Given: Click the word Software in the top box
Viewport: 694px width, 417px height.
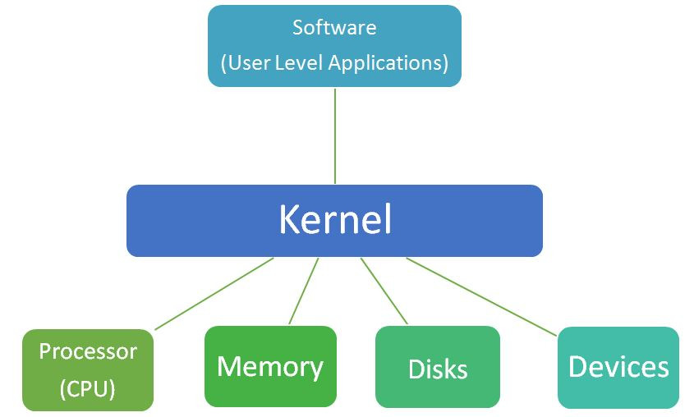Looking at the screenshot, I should point(334,27).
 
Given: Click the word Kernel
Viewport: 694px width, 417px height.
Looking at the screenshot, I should point(334,220).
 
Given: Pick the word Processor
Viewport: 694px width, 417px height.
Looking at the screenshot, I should point(88,351).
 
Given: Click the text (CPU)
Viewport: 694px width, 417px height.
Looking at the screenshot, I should point(88,388).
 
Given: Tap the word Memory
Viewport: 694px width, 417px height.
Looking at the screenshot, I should point(270,366).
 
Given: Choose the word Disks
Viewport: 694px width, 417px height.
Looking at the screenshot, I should point(438,369).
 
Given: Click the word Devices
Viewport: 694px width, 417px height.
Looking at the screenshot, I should point(618,366).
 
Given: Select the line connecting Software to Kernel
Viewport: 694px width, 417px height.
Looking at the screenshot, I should point(335,135).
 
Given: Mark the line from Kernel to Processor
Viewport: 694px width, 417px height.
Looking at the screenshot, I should point(214,293).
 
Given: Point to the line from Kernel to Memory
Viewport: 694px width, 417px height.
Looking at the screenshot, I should point(303,291).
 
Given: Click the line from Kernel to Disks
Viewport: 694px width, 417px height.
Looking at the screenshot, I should point(384,291).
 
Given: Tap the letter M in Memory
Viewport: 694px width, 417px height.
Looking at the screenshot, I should point(228,366).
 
